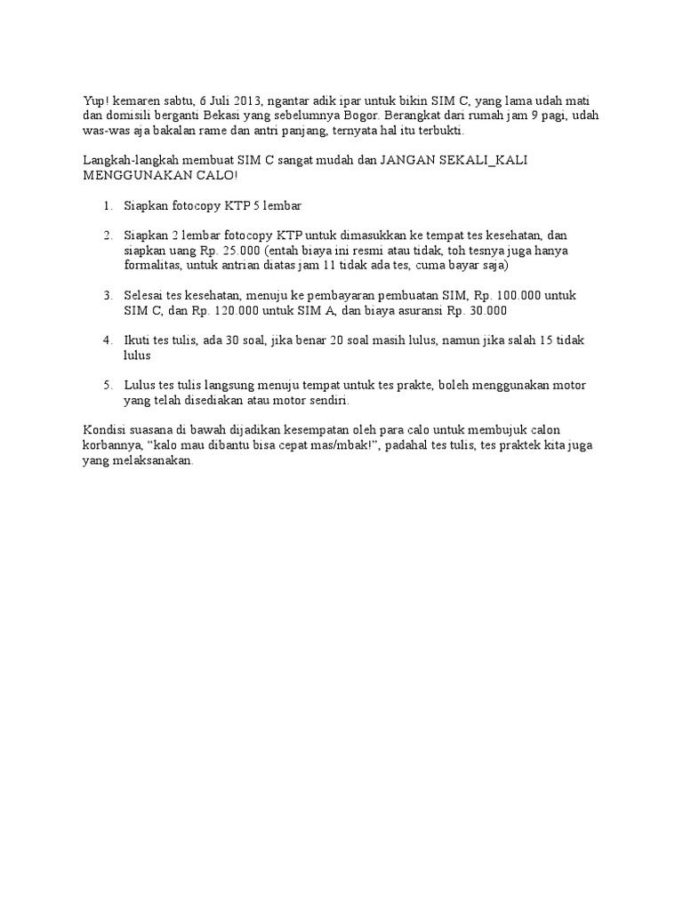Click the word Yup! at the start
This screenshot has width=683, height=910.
(94, 100)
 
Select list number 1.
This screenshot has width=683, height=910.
(107, 205)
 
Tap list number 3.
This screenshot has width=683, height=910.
(107, 295)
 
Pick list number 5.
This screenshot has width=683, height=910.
(107, 385)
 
